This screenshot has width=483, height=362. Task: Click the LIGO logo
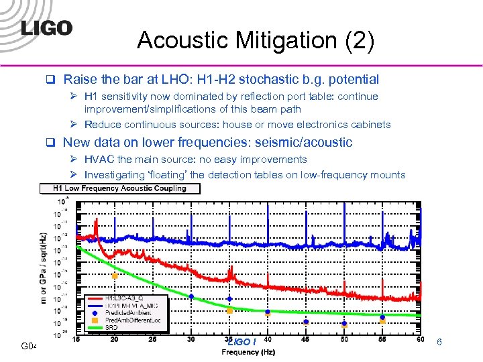click(46, 27)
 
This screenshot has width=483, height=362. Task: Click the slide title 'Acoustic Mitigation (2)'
click(256, 41)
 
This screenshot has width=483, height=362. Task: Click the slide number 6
click(439, 343)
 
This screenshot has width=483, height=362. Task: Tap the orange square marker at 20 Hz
click(115, 276)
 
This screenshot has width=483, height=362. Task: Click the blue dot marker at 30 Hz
click(191, 296)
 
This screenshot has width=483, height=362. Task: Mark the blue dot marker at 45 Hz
click(306, 322)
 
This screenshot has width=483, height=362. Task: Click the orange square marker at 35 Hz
click(229, 311)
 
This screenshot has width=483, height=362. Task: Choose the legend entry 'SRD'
click(111, 327)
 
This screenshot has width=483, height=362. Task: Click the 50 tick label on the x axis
click(344, 341)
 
